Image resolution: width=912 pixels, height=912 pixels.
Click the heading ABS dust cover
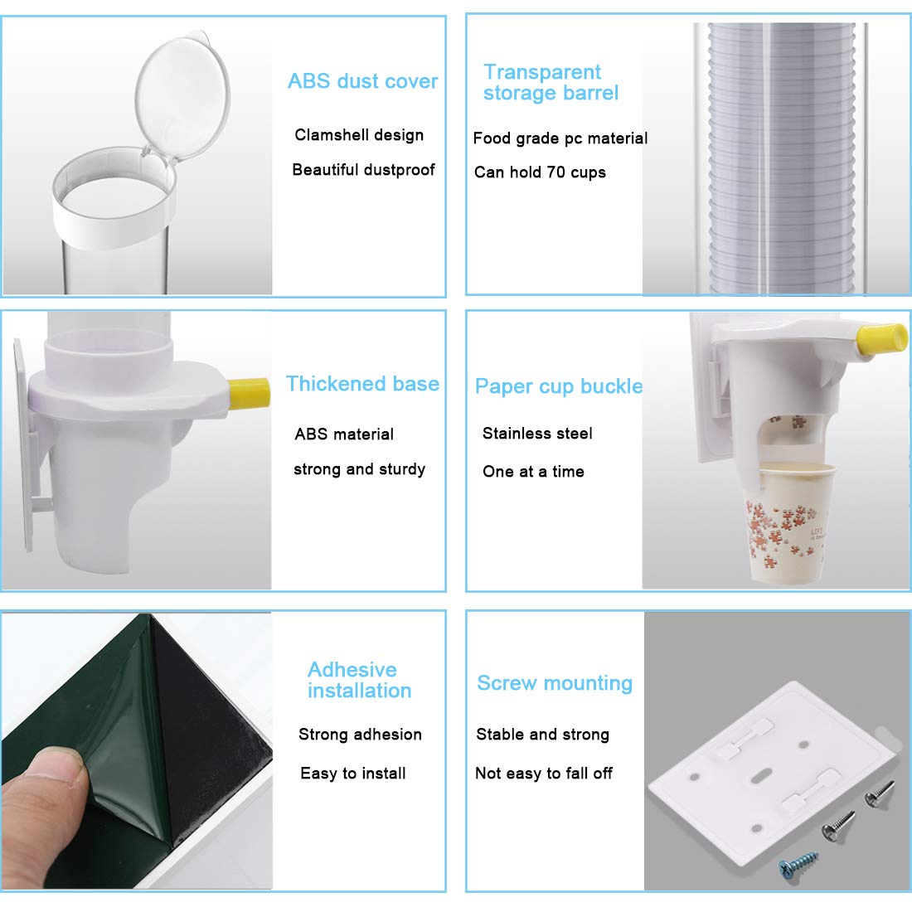pyautogui.click(x=362, y=81)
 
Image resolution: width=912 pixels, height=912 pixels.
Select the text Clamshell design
pyautogui.click(x=359, y=135)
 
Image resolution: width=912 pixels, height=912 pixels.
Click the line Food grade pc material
pyautogui.click(x=560, y=138)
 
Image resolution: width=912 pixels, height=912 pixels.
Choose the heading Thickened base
pyautogui.click(x=362, y=384)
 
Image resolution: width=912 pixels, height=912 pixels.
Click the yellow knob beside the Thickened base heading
pyautogui.click(x=249, y=393)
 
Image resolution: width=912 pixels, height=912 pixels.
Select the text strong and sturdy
pyautogui.click(x=359, y=469)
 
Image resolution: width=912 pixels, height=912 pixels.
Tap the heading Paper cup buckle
pyautogui.click(x=559, y=386)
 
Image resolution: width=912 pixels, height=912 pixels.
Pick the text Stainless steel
pyautogui.click(x=537, y=434)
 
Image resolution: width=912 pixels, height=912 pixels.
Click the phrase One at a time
pyautogui.click(x=533, y=472)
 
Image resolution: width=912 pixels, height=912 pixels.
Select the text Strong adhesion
pyautogui.click(x=360, y=735)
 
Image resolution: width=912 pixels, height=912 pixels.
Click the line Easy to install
pyautogui.click(x=353, y=774)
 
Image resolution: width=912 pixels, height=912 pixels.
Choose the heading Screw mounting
pyautogui.click(x=555, y=683)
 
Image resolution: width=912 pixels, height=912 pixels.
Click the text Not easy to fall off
pyautogui.click(x=544, y=774)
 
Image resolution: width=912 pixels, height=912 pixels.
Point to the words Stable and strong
pyautogui.click(x=543, y=735)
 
